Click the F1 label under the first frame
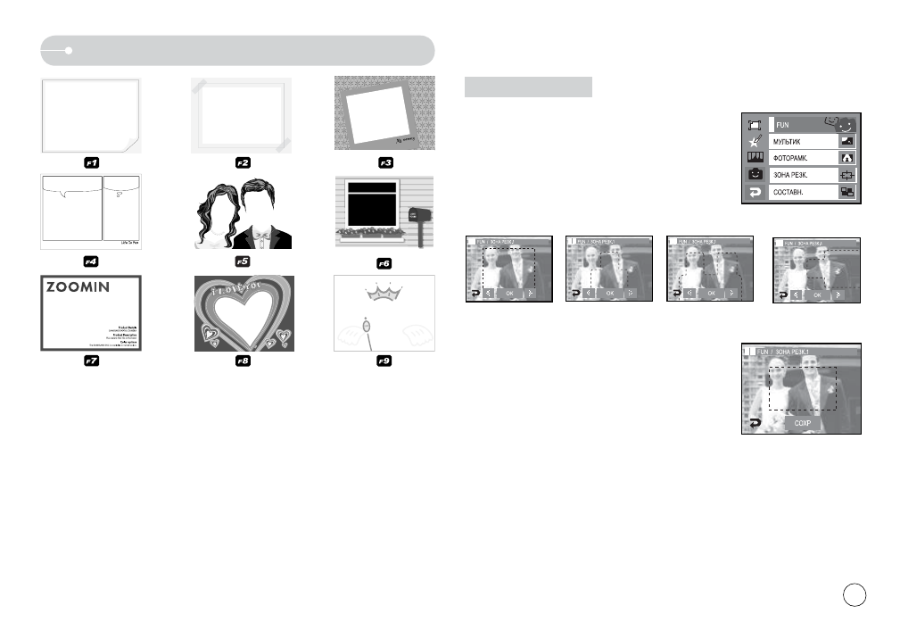[91, 163]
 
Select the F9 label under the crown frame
[384, 362]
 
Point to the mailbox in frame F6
[417, 217]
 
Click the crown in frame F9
[385, 294]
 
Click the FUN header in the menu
[785, 125]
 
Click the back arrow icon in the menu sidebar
[755, 193]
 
